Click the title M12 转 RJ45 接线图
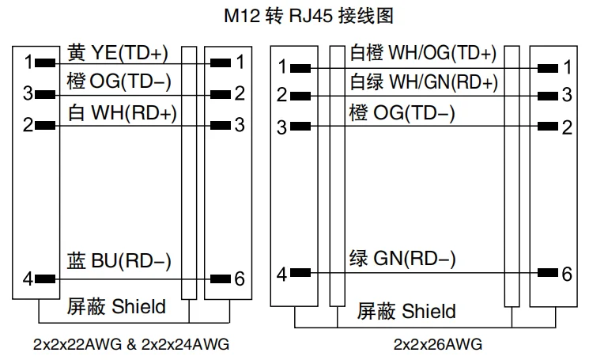308,16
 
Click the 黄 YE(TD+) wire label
118,52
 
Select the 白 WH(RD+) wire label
122,113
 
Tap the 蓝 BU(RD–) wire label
119,261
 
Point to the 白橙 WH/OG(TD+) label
423,52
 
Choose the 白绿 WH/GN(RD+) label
424,82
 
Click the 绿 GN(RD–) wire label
402,259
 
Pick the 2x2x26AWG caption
438,344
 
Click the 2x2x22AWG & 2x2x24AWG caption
131,344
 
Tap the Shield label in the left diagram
138,306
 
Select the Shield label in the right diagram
429,311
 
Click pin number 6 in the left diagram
240,279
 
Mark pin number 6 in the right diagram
567,274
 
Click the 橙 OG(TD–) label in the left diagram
119,81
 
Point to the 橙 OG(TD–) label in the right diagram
402,112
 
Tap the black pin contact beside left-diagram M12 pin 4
45,279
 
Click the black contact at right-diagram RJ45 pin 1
548,68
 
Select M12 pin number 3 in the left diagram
28,93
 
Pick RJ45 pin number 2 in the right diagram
567,127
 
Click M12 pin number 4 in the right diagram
281,275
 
